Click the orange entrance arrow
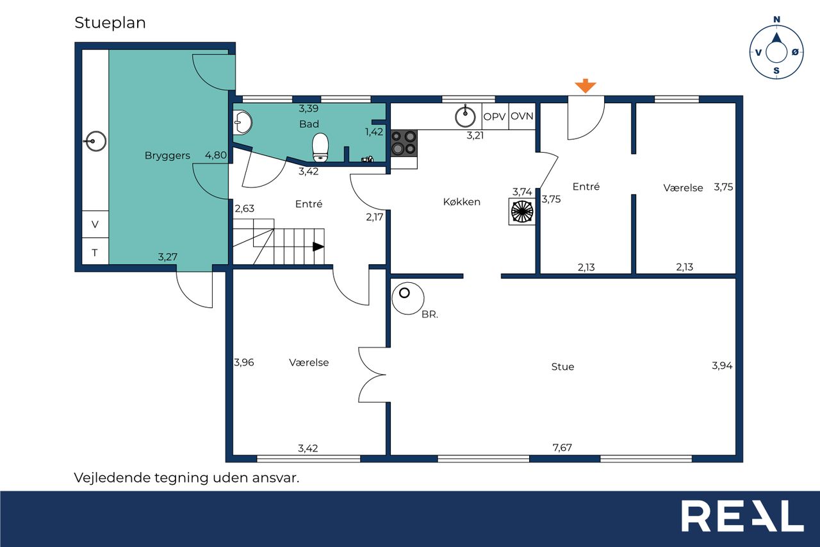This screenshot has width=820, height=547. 586,86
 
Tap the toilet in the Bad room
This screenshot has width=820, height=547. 320,147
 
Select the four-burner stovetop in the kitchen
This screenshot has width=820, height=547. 404,143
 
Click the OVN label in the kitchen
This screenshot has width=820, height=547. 521,117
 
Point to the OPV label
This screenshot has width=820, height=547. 494,117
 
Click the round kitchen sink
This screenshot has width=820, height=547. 465,117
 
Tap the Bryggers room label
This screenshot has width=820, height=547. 167,156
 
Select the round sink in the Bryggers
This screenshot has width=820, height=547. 95,141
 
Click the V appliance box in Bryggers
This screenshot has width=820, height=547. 95,224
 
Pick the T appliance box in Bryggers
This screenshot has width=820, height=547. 95,251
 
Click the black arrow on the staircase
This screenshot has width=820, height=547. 318,247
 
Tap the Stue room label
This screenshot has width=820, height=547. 562,367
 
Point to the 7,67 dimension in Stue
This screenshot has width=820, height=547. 562,448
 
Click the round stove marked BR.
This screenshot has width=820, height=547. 408,298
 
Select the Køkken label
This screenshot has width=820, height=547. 462,202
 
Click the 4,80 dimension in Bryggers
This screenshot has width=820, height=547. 216,155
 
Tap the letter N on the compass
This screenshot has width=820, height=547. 776,19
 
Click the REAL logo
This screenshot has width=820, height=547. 742,516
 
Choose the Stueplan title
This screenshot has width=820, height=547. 110,23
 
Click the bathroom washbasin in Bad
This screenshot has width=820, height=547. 242,122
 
